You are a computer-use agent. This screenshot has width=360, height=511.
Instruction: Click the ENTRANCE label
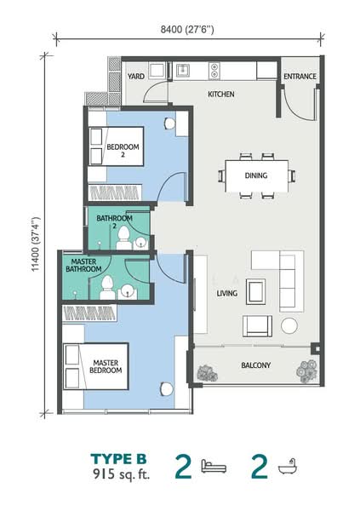coord(300,76)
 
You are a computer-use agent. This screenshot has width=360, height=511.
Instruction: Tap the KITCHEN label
coord(221,94)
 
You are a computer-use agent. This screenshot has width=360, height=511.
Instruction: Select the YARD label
coord(136,76)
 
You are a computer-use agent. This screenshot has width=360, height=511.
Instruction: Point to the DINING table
coord(256,175)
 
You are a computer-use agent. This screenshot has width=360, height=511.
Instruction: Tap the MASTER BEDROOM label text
coord(107,366)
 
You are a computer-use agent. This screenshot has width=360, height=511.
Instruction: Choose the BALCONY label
coord(254,366)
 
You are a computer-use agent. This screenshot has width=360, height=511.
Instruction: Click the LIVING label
coord(226,294)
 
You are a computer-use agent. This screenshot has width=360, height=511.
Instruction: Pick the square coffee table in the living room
coord(255,291)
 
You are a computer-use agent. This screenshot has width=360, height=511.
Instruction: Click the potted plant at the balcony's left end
coord(205,371)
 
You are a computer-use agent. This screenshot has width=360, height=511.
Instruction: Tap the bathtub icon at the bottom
coord(286,466)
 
